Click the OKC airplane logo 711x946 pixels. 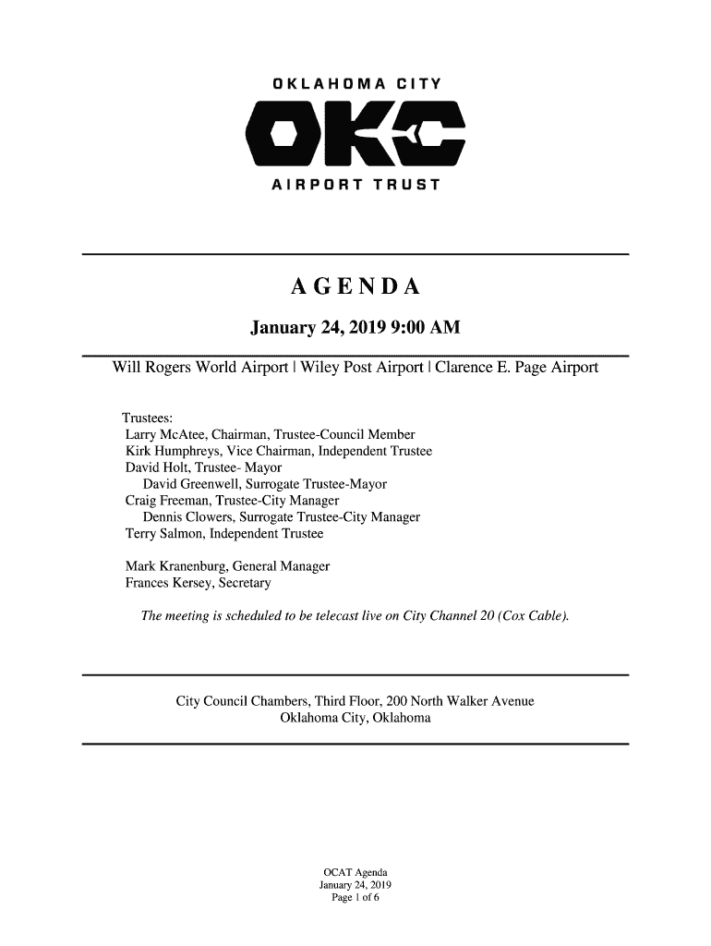point(355,138)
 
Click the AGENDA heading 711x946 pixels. point(355,288)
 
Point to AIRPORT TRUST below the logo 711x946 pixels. point(355,188)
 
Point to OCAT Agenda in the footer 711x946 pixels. point(355,873)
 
